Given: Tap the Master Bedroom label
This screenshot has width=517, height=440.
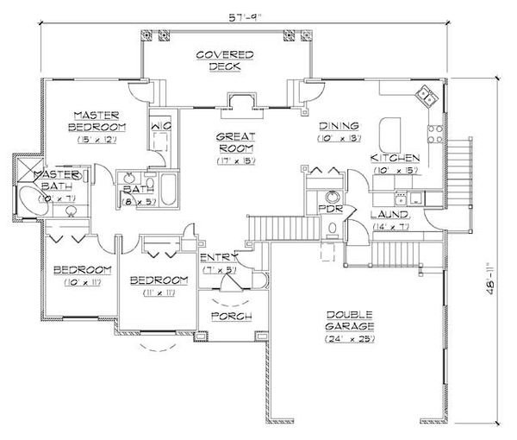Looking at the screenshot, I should click(100, 120).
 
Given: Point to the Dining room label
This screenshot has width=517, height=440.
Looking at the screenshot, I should click(333, 124).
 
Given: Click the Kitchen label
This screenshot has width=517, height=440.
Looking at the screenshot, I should click(395, 158).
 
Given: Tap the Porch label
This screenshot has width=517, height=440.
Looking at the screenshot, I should click(231, 317).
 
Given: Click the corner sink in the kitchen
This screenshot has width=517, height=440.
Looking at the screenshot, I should click(424, 95).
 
